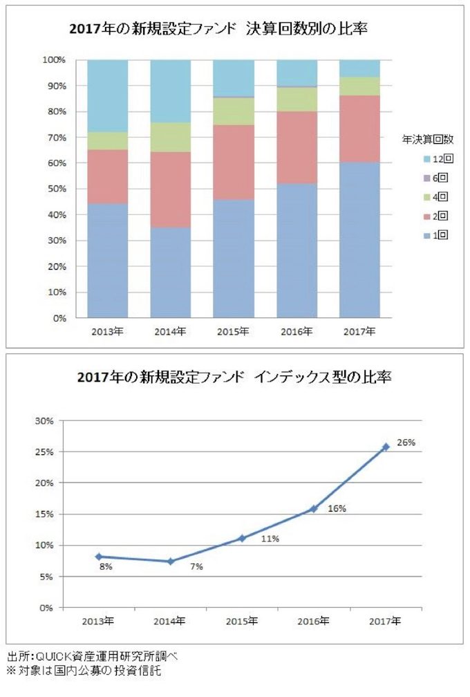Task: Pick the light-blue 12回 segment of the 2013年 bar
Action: [108, 95]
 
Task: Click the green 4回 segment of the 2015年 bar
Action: [234, 111]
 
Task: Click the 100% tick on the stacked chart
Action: [54, 60]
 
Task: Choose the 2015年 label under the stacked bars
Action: [234, 331]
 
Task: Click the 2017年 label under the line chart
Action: [386, 621]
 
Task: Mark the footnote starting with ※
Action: [88, 670]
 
